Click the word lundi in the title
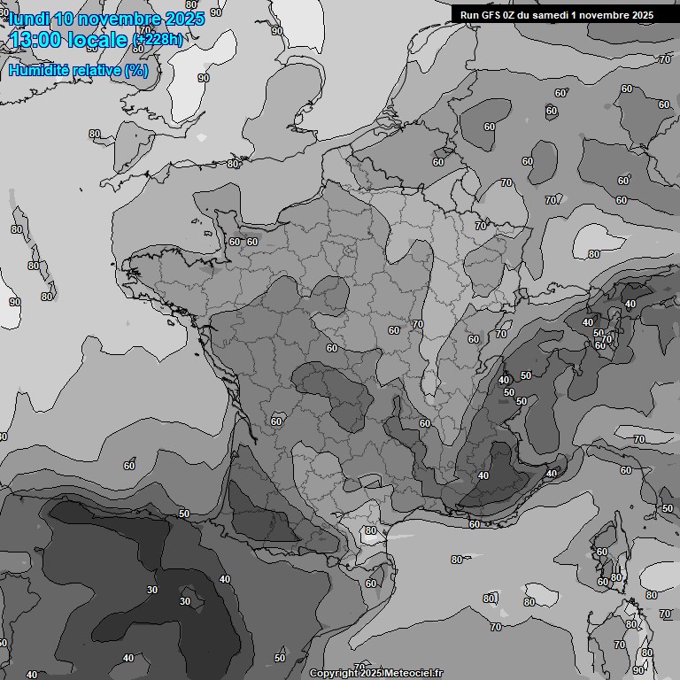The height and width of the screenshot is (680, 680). [29, 18]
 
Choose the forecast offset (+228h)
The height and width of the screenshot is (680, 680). [158, 39]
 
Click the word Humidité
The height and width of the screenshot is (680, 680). [38, 70]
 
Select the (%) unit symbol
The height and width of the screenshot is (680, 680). [135, 70]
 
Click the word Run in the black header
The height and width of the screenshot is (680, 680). [469, 15]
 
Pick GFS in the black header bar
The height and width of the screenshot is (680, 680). [490, 15]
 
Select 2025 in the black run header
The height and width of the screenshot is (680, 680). [642, 15]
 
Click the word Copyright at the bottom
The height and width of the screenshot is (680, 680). [333, 674]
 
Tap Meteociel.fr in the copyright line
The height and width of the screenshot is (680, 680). [414, 674]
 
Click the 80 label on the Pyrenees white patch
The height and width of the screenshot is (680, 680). [370, 531]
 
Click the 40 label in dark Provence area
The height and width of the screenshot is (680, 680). [483, 475]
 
